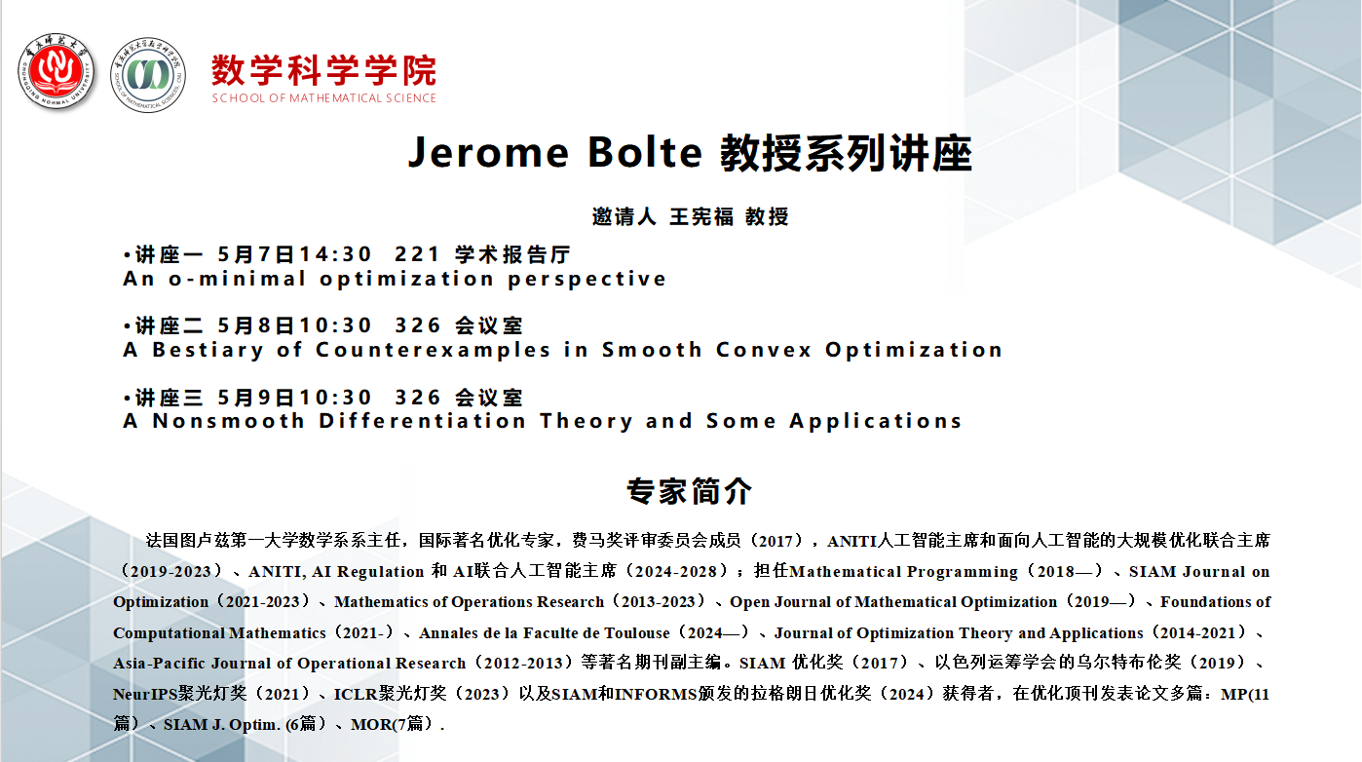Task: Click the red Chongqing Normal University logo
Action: [x=57, y=72]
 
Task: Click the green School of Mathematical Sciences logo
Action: [x=148, y=74]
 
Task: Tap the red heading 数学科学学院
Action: [x=323, y=70]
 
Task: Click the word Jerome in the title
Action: [x=488, y=152]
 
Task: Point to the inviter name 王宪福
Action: [x=701, y=216]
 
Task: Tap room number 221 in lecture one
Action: [x=417, y=254]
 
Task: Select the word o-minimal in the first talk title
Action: [x=237, y=279]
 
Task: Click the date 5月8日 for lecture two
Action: [x=256, y=325]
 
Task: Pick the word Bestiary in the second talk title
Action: [x=208, y=350]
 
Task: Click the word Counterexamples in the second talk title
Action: [x=433, y=350]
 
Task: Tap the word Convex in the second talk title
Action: [x=763, y=350]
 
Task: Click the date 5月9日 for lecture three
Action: [x=256, y=398]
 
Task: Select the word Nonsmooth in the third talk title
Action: [x=228, y=421]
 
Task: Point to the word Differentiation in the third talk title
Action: [x=422, y=421]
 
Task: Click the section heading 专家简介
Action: [x=690, y=491]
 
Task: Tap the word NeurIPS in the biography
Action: [x=145, y=694]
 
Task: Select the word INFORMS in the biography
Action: [x=656, y=694]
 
